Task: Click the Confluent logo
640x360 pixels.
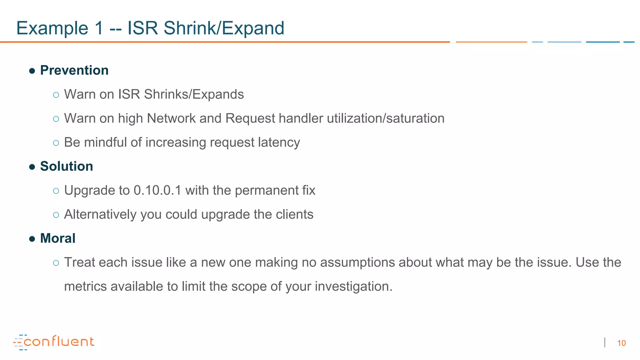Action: click(x=54, y=342)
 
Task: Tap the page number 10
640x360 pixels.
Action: click(x=621, y=343)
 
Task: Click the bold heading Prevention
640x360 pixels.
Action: click(x=74, y=70)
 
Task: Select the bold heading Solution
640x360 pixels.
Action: click(x=67, y=166)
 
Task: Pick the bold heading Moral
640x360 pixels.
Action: click(x=58, y=238)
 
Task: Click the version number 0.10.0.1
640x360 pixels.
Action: click(x=157, y=190)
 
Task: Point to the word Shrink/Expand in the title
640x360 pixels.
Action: click(x=224, y=28)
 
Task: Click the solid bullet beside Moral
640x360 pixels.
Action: click(x=32, y=239)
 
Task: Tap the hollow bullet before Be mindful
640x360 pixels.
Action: click(x=56, y=143)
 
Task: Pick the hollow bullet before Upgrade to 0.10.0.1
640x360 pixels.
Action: click(x=56, y=191)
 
